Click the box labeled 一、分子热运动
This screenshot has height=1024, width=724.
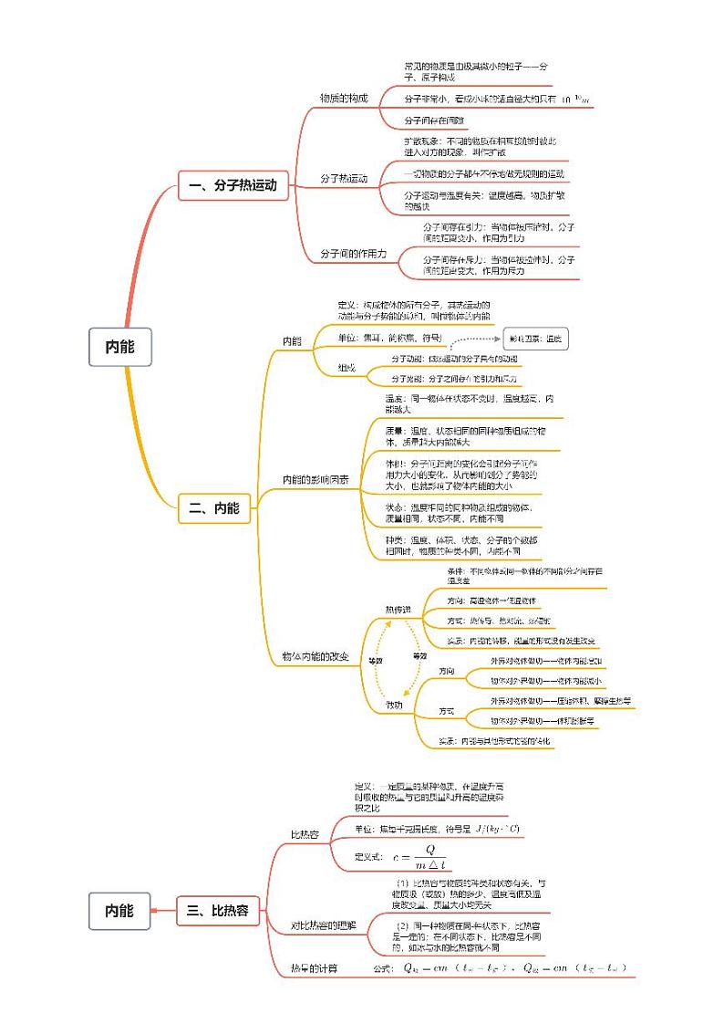click(233, 185)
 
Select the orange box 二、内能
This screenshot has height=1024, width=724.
click(214, 509)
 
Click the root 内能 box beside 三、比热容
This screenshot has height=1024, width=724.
click(119, 910)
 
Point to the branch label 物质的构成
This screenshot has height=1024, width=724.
click(344, 99)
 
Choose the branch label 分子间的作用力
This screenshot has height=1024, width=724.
click(354, 254)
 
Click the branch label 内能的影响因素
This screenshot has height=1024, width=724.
click(315, 479)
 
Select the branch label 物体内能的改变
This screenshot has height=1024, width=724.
click(315, 657)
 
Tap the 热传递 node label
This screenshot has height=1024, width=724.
click(398, 609)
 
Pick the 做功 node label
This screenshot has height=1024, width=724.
click(393, 704)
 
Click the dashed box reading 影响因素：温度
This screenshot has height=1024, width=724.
click(537, 340)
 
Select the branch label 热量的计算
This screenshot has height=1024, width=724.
click(314, 967)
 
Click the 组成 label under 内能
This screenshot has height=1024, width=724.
click(346, 368)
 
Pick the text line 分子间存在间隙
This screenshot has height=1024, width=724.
click(434, 120)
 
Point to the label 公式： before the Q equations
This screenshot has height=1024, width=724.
click(383, 968)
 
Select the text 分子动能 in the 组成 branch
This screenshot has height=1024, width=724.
click(408, 359)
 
